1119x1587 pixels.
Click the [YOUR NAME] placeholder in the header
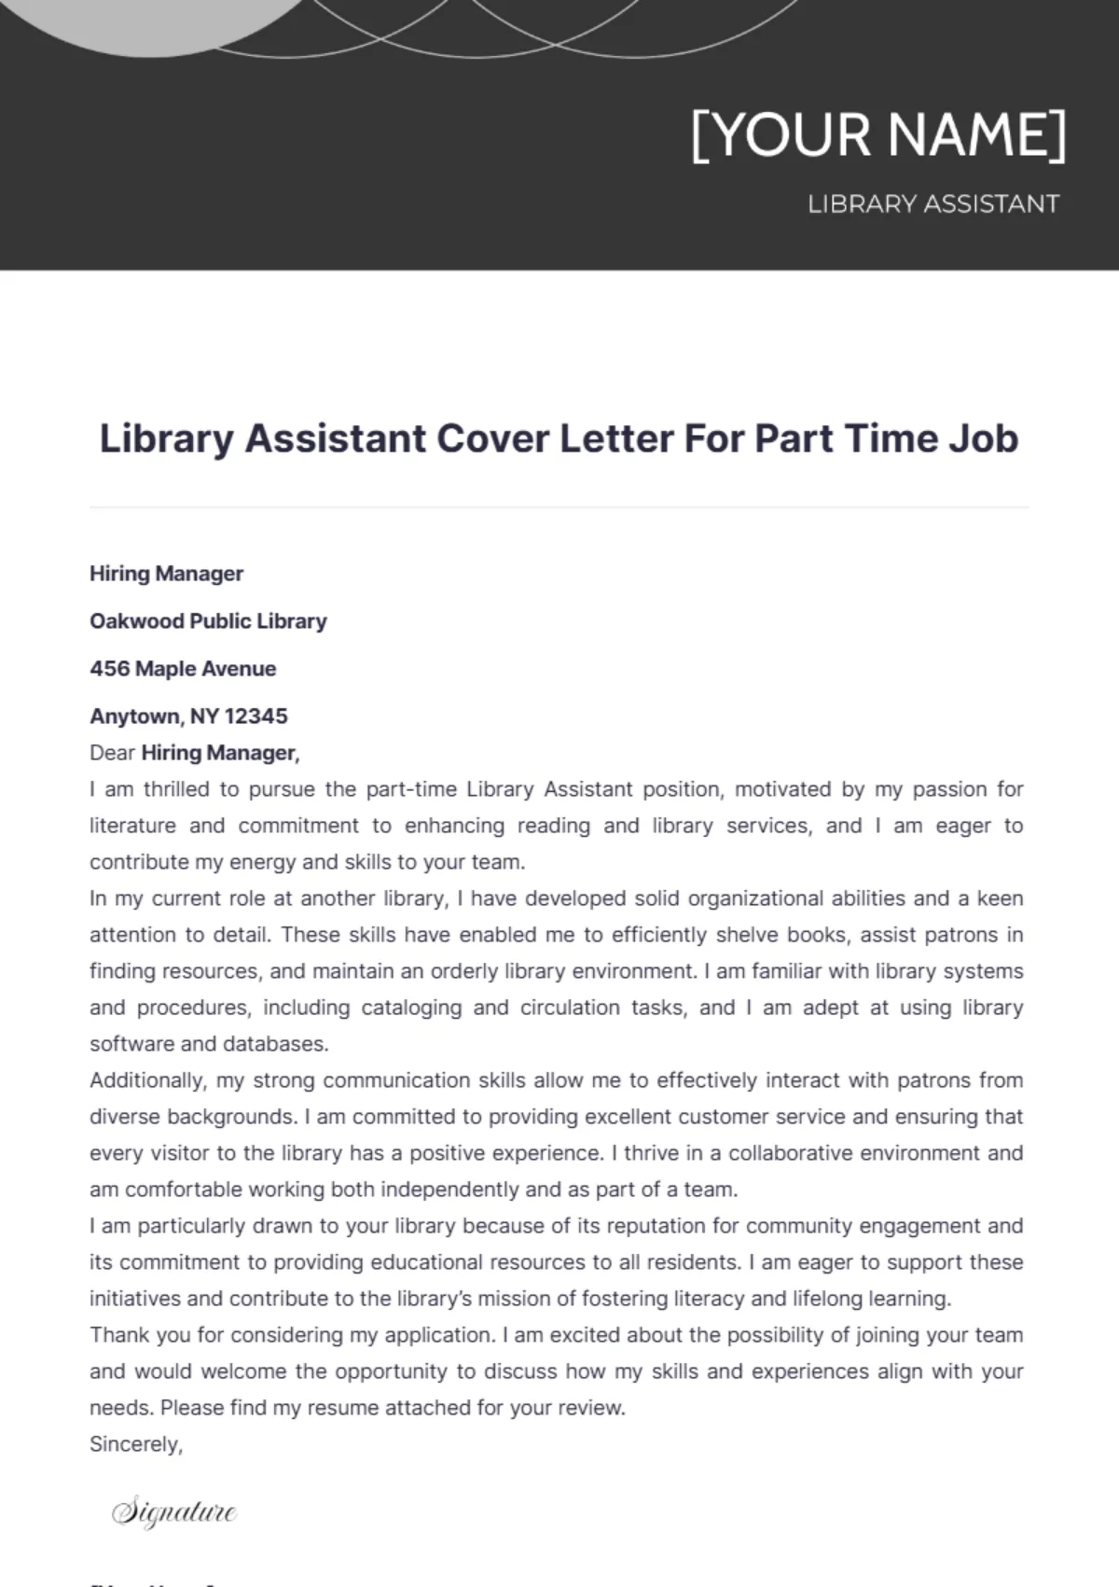tap(878, 136)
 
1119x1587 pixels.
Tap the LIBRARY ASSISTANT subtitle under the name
tap(933, 204)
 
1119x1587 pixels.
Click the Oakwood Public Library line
tap(208, 621)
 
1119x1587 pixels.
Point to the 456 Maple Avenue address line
tap(183, 669)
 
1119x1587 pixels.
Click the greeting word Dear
tap(112, 753)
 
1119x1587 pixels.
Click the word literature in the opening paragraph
tap(132, 826)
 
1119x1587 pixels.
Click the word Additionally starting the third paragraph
tap(147, 1080)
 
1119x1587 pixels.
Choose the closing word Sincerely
tap(135, 1444)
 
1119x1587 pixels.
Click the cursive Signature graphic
tap(174, 1511)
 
